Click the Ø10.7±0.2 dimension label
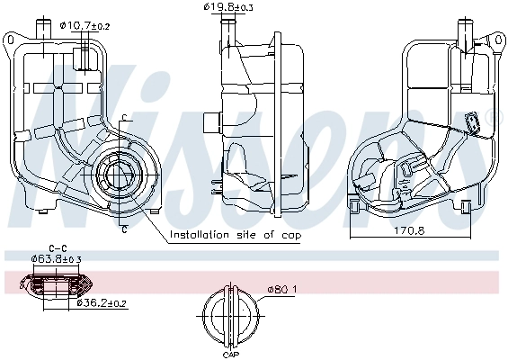(x=85, y=26)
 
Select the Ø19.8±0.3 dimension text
(x=228, y=7)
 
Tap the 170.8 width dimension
(x=409, y=230)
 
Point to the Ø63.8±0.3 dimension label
(x=56, y=259)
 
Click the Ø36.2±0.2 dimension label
(x=102, y=303)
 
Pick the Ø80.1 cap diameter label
(x=281, y=289)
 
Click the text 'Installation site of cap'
(x=236, y=235)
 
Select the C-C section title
(x=58, y=248)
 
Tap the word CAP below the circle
(x=231, y=355)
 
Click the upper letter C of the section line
(x=124, y=117)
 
